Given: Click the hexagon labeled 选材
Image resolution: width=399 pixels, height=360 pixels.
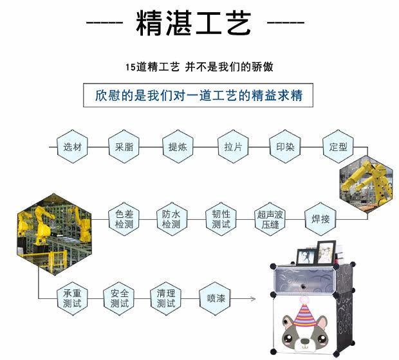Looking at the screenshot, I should [x=72, y=147].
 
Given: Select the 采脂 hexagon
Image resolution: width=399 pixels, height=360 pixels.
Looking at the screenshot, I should [x=124, y=147].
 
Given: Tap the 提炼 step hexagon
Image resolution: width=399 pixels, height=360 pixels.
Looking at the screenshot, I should [x=178, y=147].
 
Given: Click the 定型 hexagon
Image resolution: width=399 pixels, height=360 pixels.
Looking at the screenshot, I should [x=337, y=147].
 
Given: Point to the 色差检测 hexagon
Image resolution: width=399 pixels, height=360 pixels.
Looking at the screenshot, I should [x=124, y=219].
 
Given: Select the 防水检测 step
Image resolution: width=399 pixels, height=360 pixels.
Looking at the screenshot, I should [x=171, y=219].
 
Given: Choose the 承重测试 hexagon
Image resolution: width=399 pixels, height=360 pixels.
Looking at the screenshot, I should [x=72, y=298].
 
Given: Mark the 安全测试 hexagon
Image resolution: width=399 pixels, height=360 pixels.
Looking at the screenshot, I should [x=120, y=298].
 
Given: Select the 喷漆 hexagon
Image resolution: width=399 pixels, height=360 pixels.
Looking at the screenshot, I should [x=216, y=298].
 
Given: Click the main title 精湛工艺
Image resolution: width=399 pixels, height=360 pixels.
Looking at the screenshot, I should [x=193, y=24].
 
